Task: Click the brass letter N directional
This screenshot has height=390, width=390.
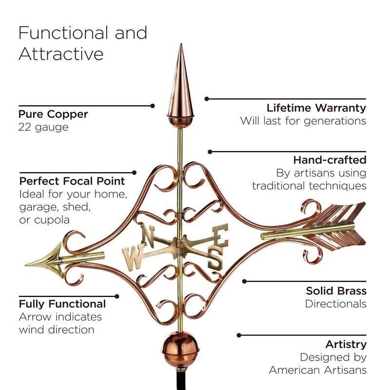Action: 148,235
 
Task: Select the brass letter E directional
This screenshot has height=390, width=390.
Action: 221,234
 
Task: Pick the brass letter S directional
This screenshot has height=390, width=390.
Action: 215,260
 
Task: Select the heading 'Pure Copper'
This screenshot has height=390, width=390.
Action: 53,115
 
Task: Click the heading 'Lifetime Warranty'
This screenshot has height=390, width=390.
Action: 316,108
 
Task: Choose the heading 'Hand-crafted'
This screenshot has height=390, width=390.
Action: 330,160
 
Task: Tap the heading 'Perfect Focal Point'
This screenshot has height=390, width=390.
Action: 72,181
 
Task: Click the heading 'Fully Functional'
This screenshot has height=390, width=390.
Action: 62,304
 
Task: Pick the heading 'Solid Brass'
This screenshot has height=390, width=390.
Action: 336,291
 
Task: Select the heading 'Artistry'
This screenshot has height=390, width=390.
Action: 346,345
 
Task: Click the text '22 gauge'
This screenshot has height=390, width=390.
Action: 43,128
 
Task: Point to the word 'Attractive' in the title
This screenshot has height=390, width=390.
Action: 61,54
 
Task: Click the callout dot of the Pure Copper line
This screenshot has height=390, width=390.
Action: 153,106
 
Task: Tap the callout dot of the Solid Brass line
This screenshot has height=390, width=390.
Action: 245,281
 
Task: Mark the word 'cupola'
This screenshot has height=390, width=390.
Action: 52,220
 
